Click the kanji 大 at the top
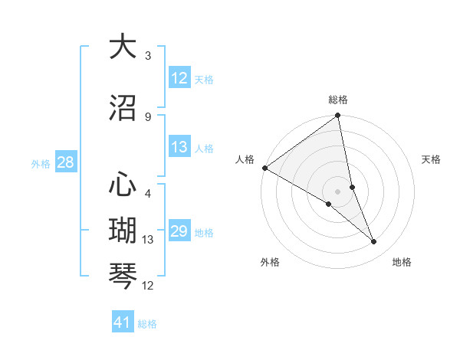(x=123, y=47)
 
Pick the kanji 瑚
(x=123, y=230)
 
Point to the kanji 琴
(x=123, y=275)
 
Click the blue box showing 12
(x=179, y=77)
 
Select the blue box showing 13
(x=179, y=147)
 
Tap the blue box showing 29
(x=179, y=231)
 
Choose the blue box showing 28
(x=65, y=162)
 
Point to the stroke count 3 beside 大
(x=148, y=56)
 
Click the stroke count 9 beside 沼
(x=148, y=116)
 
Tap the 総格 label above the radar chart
(x=338, y=100)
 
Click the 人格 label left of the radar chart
(x=245, y=159)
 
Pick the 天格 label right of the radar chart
(x=432, y=159)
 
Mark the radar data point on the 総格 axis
(x=338, y=116)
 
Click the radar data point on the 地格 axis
(x=374, y=242)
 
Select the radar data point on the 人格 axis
(x=264, y=168)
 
